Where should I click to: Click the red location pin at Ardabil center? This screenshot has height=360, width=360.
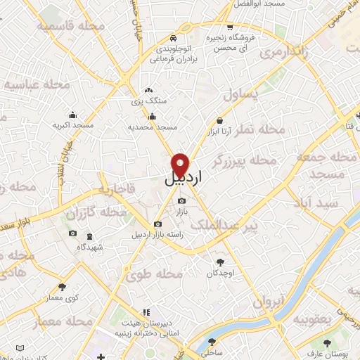pos(181,164)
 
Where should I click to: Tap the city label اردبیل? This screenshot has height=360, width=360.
pos(183,179)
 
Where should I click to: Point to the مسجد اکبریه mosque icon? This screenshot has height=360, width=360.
pos(72,115)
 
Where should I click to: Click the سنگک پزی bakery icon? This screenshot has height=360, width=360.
pos(148,90)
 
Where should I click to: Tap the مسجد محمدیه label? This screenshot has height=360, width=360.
pos(152,127)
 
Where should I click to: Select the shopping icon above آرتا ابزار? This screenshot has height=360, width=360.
pos(220,120)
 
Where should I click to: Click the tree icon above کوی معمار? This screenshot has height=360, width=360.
pos(63,286)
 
